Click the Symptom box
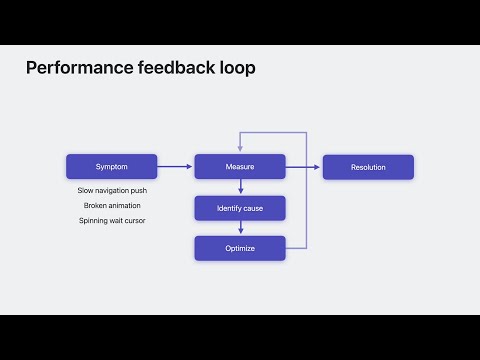pyautogui.click(x=112, y=167)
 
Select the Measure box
pyautogui.click(x=240, y=167)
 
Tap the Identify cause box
pyautogui.click(x=240, y=208)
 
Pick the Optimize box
pyautogui.click(x=240, y=248)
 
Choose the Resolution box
pyautogui.click(x=368, y=167)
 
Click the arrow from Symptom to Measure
pyautogui.click(x=176, y=167)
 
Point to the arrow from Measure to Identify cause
pyautogui.click(x=240, y=187)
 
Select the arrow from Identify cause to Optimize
pyautogui.click(x=240, y=228)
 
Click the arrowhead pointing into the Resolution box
pyautogui.click(x=318, y=167)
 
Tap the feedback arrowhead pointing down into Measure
pyautogui.click(x=240, y=149)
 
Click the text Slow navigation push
pyautogui.click(x=112, y=190)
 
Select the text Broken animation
pyautogui.click(x=112, y=205)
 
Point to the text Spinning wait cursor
pyautogui.click(x=112, y=220)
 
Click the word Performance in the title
pyautogui.click(x=77, y=69)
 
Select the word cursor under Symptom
pyautogui.click(x=133, y=220)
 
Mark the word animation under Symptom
pyautogui.click(x=124, y=205)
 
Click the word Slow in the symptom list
pyautogui.click(x=86, y=190)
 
